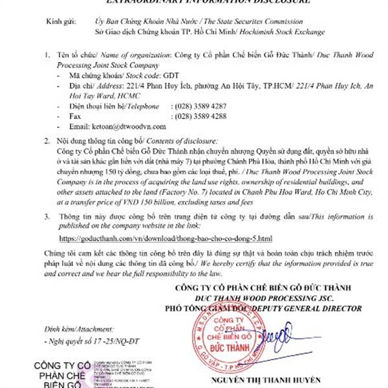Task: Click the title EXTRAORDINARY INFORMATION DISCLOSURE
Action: (193, 3)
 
